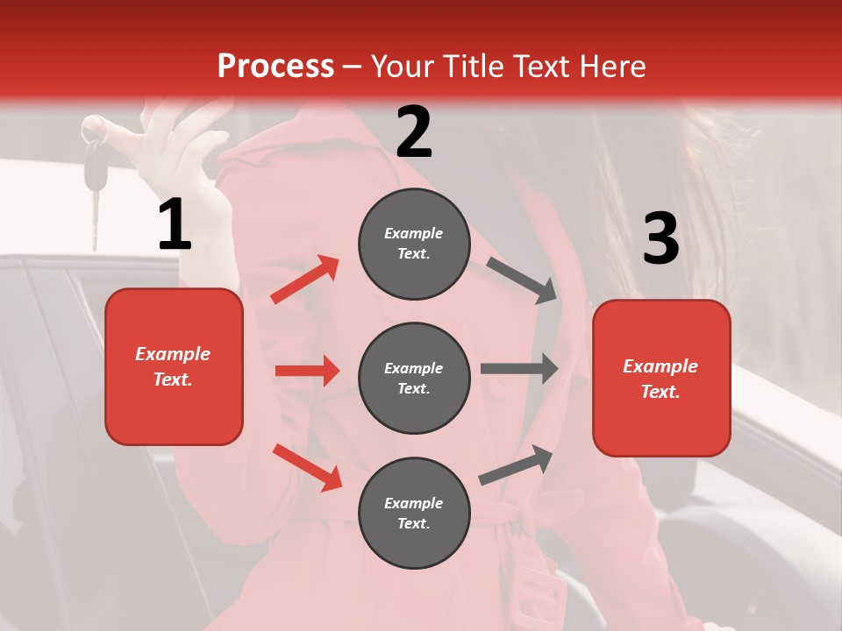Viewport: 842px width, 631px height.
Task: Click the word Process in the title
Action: pyautogui.click(x=275, y=67)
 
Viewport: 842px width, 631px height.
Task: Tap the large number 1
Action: pyautogui.click(x=175, y=226)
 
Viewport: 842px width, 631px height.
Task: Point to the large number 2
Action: pyautogui.click(x=414, y=132)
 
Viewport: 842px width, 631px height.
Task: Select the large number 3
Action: pyautogui.click(x=660, y=239)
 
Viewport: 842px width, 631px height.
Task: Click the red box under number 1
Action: pyautogui.click(x=174, y=366)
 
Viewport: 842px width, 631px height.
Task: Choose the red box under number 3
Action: pyautogui.click(x=661, y=379)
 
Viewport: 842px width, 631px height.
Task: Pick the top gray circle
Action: pyautogui.click(x=414, y=244)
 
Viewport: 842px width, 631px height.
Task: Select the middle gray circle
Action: pyautogui.click(x=414, y=379)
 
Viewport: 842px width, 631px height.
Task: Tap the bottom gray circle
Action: pyautogui.click(x=414, y=514)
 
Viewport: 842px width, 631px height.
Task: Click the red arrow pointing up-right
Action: pyautogui.click(x=305, y=280)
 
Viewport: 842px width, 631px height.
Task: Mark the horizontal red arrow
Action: pyautogui.click(x=307, y=371)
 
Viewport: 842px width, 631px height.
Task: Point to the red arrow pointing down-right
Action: pyautogui.click(x=308, y=467)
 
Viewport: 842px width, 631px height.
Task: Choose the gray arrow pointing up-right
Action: pyautogui.click(x=516, y=464)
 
